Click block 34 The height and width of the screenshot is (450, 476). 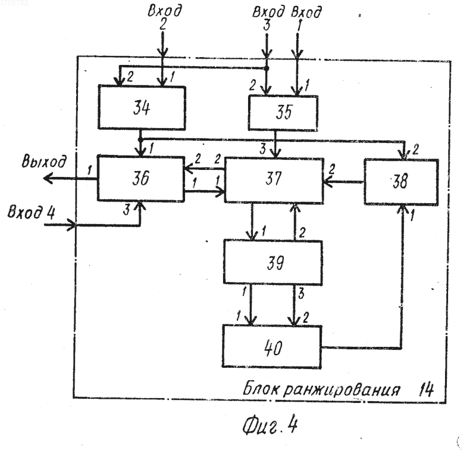click(142, 108)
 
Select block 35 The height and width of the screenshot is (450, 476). click(283, 113)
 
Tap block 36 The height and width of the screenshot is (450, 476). click(141, 178)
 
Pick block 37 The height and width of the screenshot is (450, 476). click(274, 180)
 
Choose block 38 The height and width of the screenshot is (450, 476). click(401, 182)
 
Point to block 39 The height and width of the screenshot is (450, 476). click(273, 262)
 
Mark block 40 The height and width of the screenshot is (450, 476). click(272, 347)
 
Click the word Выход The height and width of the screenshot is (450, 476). click(43, 161)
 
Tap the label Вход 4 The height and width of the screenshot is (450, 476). click(31, 212)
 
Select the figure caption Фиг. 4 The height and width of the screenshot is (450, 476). click(270, 425)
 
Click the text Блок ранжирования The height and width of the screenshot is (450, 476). click(321, 389)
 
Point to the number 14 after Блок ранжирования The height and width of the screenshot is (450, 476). click(426, 390)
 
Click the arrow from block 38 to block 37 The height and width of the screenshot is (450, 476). click(344, 182)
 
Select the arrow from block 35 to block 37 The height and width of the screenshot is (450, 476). click(275, 144)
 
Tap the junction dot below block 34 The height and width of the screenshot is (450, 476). click(140, 139)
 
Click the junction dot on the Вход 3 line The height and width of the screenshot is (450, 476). click(267, 69)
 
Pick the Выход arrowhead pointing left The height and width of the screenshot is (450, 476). click(48, 178)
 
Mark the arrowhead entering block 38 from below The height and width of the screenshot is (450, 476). click(403, 209)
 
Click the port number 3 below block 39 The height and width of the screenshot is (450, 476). click(301, 293)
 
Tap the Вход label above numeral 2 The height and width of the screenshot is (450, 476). click(165, 11)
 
